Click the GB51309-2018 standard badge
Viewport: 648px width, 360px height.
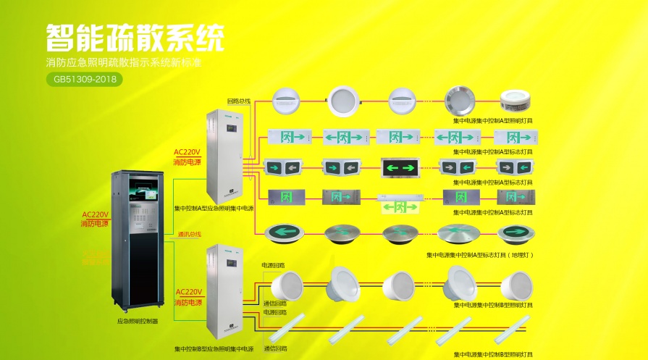pos(84,79)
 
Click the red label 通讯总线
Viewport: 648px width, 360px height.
pos(189,234)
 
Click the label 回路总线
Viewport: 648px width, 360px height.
pos(238,101)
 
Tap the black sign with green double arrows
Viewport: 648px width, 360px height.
pos(401,167)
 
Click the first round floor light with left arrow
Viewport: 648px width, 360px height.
pos(283,233)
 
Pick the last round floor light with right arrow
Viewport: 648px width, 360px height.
pos(516,233)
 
